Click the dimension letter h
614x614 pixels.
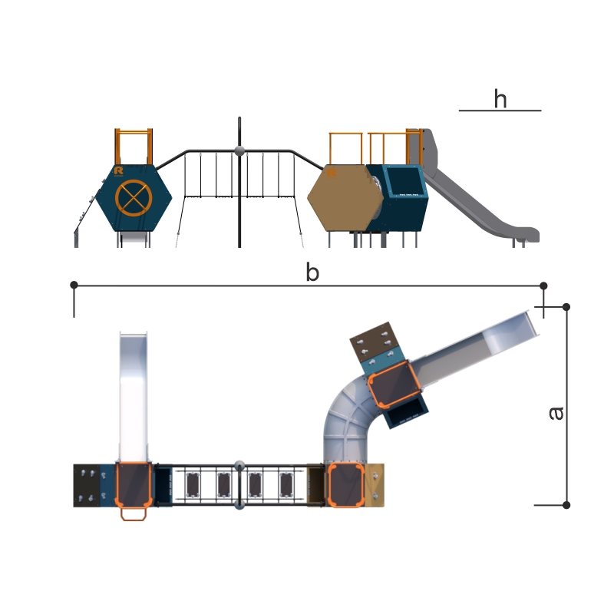[x=500, y=99]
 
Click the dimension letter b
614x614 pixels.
[x=312, y=272]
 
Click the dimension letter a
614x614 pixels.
[x=556, y=414]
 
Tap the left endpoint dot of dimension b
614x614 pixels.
[x=74, y=285]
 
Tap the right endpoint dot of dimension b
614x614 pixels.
[x=543, y=286]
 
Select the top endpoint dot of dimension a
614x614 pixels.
[x=566, y=307]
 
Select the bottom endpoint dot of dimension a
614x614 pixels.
[x=566, y=505]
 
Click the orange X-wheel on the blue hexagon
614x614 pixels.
[x=134, y=198]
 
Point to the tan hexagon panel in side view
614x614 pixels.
[x=345, y=198]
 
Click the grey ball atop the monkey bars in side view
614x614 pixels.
[x=239, y=151]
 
